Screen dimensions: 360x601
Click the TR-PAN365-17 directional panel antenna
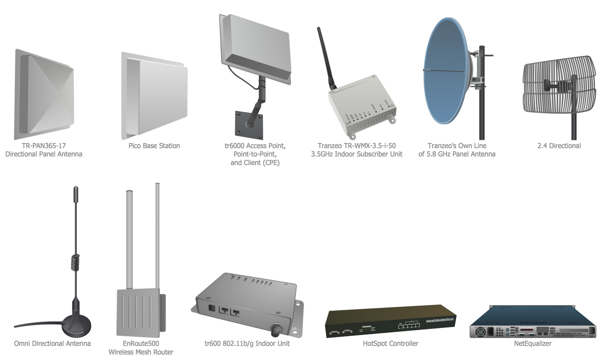pos(44,95)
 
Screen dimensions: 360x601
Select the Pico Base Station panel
pos(155,96)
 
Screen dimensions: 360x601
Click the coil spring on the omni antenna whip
pos(75,263)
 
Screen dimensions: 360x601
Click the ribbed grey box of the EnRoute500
pos(138,313)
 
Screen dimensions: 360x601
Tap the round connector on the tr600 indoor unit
pos(276,330)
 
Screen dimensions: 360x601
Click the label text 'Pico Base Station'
pos(154,146)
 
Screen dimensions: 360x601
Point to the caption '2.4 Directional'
pos(559,146)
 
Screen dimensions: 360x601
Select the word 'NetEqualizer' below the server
pos(533,344)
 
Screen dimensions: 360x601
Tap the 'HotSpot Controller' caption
pos(391,344)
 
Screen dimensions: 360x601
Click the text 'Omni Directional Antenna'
pos(52,344)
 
